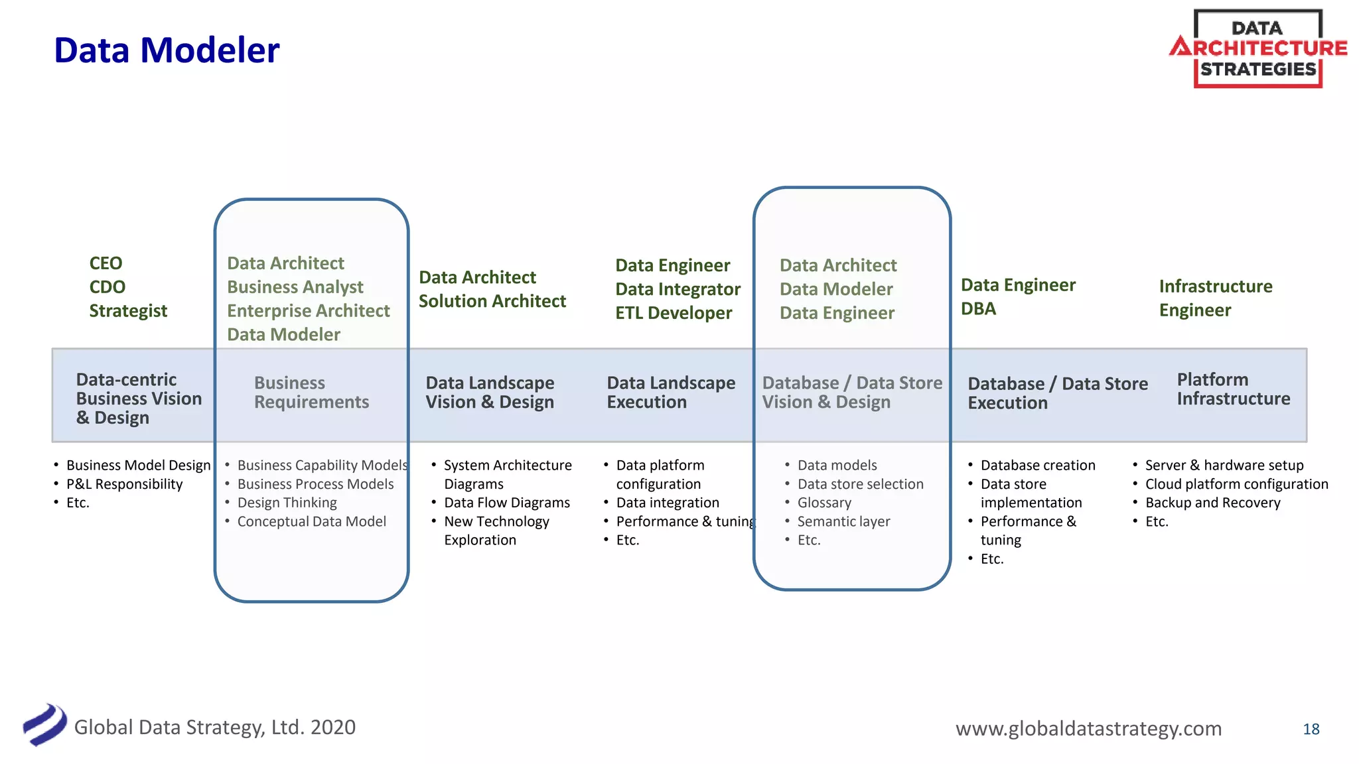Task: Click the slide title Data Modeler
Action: [167, 50]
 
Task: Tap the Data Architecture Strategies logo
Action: [1257, 48]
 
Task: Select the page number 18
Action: [1311, 729]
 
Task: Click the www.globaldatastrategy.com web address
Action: [1088, 728]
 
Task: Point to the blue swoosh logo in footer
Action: [44, 724]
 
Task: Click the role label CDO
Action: [107, 287]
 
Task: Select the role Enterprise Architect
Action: [308, 311]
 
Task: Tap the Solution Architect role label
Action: [492, 301]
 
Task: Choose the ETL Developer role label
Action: [674, 313]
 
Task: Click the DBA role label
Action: [978, 309]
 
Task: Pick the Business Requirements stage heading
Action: [311, 393]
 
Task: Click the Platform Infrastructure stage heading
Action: [1233, 389]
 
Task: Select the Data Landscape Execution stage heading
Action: [671, 393]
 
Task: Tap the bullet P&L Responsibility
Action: [124, 484]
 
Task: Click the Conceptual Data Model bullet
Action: [311, 521]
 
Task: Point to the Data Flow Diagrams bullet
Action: [506, 503]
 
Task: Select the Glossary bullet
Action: [824, 503]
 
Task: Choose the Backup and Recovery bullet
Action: [1212, 503]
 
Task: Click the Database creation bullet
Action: [1038, 466]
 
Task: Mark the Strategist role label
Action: [128, 311]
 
